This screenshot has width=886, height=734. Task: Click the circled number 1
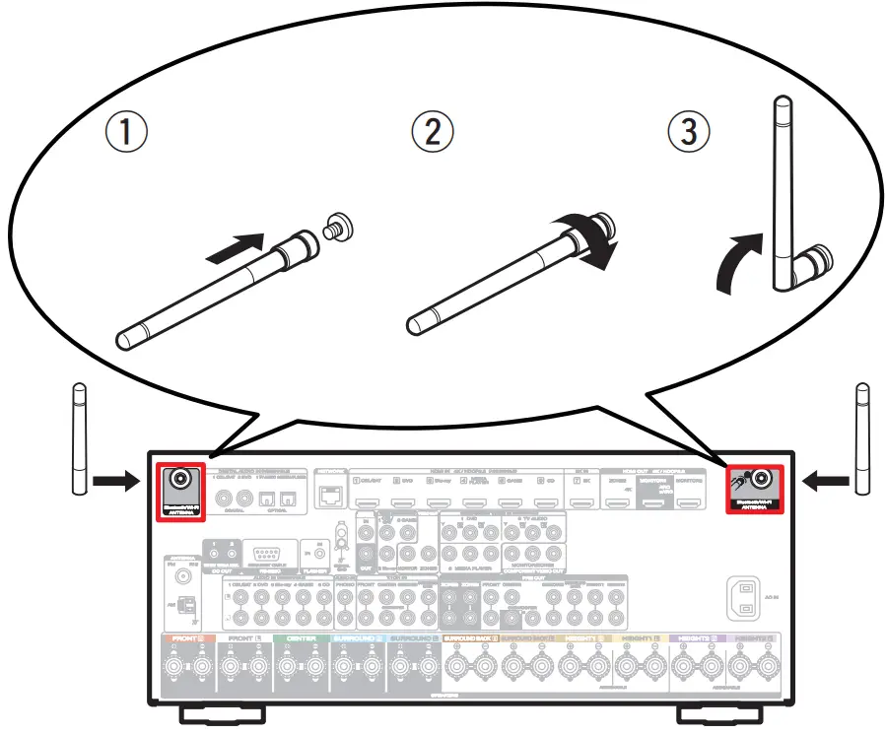[x=127, y=132]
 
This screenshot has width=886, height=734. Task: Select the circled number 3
[x=688, y=132]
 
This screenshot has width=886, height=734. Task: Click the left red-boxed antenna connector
[x=181, y=480]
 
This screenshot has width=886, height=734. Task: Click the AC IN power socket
[x=745, y=596]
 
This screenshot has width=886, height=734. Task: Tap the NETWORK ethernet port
[x=329, y=496]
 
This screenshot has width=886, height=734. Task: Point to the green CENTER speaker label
[x=295, y=638]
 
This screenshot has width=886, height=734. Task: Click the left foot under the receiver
[x=222, y=712]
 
